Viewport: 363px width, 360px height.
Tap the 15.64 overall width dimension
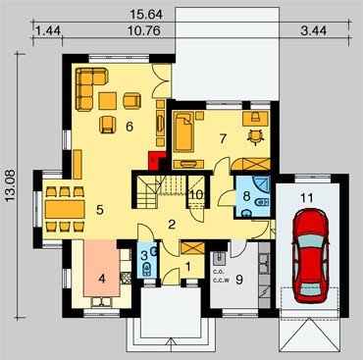[x=146, y=15]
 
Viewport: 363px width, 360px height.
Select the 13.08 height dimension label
[x=10, y=186]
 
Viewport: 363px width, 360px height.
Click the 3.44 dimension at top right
[x=313, y=30]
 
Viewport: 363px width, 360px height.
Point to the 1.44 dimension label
[x=48, y=30]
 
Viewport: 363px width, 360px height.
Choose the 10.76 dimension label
[x=144, y=30]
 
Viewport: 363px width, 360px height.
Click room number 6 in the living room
[x=130, y=127]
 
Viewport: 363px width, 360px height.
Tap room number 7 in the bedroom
[x=223, y=138]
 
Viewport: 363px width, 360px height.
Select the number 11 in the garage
[x=307, y=198]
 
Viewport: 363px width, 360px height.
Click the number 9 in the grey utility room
[x=239, y=280]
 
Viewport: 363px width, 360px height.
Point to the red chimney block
[x=153, y=161]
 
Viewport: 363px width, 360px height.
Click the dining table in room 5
[x=65, y=209]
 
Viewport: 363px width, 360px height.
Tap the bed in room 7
[x=183, y=131]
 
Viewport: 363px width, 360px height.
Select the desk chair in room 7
[x=256, y=136]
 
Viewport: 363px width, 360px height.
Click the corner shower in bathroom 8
[x=262, y=185]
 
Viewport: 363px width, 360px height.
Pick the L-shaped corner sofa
[x=91, y=88]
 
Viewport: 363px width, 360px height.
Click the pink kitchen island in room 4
[x=102, y=268]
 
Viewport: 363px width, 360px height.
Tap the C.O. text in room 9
[x=218, y=272]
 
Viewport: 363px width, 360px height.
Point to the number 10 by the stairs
[x=196, y=195]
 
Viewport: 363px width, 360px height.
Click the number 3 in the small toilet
[x=144, y=256]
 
